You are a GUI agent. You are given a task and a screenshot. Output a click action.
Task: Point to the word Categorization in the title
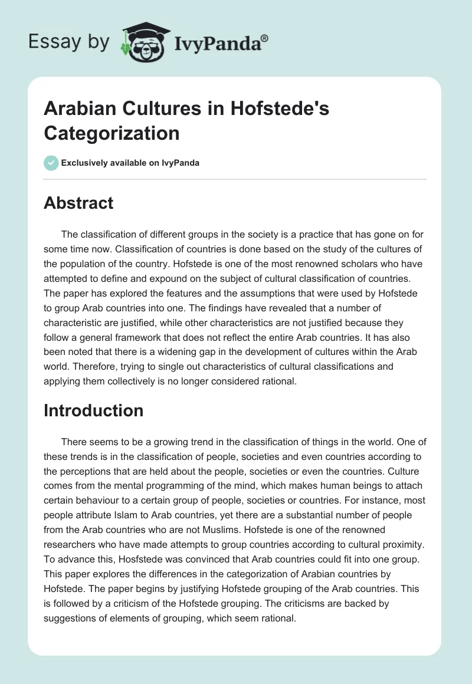click(x=112, y=133)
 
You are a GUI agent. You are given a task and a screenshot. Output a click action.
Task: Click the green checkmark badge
click(x=51, y=163)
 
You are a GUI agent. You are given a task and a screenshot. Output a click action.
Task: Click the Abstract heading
click(x=78, y=203)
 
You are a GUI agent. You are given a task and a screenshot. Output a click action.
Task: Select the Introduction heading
click(x=93, y=410)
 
